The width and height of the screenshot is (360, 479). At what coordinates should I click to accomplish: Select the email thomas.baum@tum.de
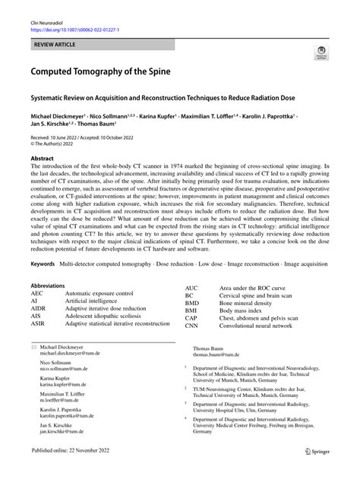[221, 354]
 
